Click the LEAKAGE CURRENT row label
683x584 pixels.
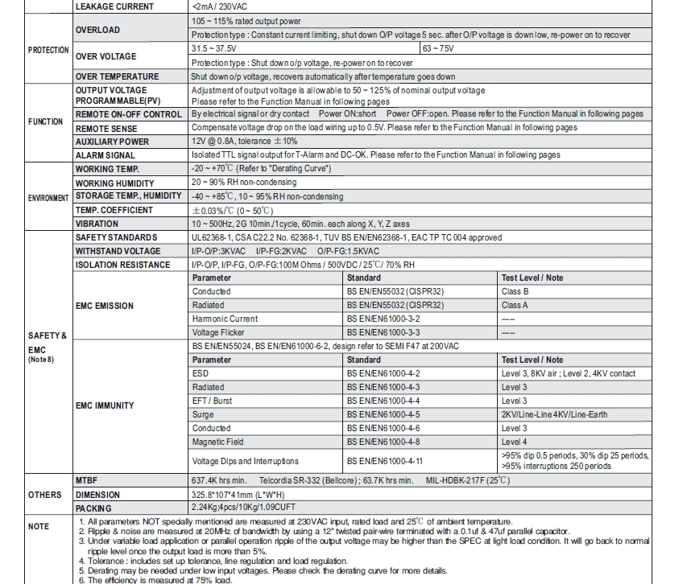[x=113, y=6]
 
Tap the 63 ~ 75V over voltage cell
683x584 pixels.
[x=441, y=49]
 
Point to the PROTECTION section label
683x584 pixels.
[x=48, y=50]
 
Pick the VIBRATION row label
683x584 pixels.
[x=96, y=224]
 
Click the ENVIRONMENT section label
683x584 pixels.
[x=48, y=197]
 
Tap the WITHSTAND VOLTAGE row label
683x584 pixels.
[x=118, y=251]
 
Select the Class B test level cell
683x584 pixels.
[x=515, y=291]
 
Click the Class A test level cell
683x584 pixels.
[x=515, y=306]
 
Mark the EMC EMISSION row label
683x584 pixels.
[x=105, y=306]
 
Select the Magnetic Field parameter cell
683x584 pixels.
[x=218, y=442]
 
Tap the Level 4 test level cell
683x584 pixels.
[x=515, y=442]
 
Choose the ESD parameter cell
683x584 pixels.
[x=201, y=374]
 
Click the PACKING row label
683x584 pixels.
[x=93, y=508]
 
